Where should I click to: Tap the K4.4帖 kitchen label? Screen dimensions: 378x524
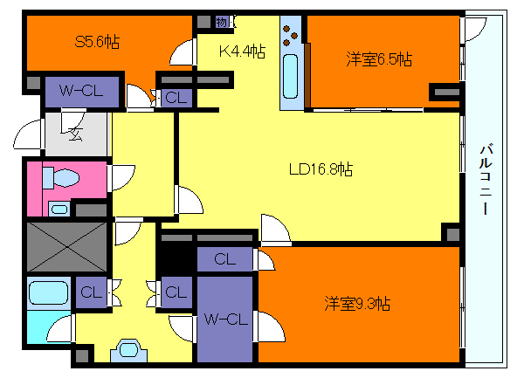[x=241, y=52]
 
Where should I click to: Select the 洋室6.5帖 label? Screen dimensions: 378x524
[x=379, y=59]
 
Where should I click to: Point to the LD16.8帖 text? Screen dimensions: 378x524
[x=321, y=168]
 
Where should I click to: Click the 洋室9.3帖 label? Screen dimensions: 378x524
[x=357, y=304]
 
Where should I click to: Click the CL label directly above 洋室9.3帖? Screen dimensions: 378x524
[x=224, y=259]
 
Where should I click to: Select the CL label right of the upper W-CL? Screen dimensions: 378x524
[x=175, y=98]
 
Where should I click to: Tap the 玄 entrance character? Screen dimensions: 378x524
[x=73, y=134]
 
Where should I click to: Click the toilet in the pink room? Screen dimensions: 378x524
[x=59, y=178]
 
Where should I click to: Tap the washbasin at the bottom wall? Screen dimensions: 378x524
[x=128, y=350]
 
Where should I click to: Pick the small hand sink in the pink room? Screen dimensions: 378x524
[x=59, y=209]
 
